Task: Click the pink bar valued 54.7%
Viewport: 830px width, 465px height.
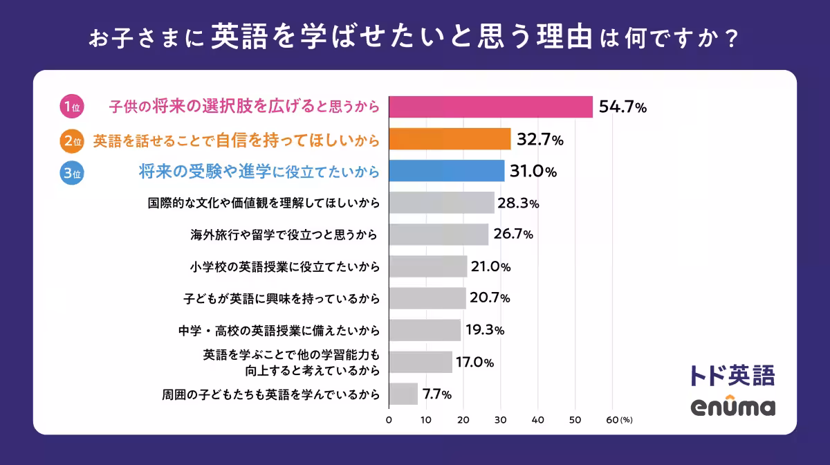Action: coord(490,107)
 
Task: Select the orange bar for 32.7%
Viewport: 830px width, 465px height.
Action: coord(450,139)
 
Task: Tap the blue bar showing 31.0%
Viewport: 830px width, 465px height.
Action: coord(447,171)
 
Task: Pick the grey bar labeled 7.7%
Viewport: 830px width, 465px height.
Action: coord(403,394)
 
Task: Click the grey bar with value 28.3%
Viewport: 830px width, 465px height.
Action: coord(441,203)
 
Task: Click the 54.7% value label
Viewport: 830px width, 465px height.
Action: coord(622,107)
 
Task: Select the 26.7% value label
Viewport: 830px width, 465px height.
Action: coord(513,235)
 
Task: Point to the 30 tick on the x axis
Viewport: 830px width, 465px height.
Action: coord(501,419)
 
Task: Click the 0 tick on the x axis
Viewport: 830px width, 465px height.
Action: coord(389,419)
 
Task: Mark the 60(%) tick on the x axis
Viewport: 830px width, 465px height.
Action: coord(618,419)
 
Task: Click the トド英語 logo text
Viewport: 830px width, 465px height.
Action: coord(732,374)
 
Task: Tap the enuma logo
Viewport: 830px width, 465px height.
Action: coord(732,407)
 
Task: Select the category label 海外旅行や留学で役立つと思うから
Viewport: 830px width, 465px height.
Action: coord(284,235)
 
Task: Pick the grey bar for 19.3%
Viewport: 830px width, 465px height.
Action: coord(425,330)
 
